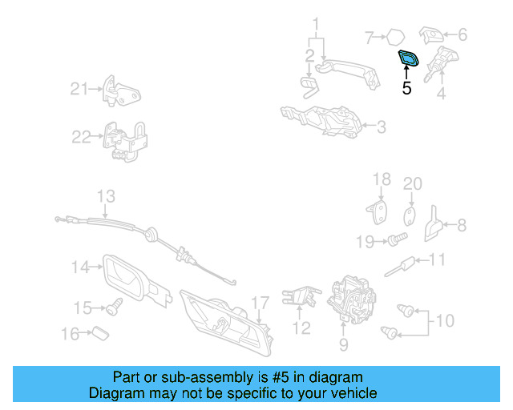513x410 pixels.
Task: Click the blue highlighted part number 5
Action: click(x=409, y=58)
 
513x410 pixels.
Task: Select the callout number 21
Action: click(x=77, y=89)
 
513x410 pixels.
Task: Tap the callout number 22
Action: click(x=81, y=137)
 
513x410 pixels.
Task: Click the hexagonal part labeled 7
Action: click(x=394, y=36)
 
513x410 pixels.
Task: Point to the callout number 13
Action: click(x=106, y=195)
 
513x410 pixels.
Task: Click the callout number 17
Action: click(x=259, y=303)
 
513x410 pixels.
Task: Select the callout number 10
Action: click(x=444, y=321)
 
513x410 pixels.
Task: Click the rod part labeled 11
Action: click(x=407, y=264)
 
